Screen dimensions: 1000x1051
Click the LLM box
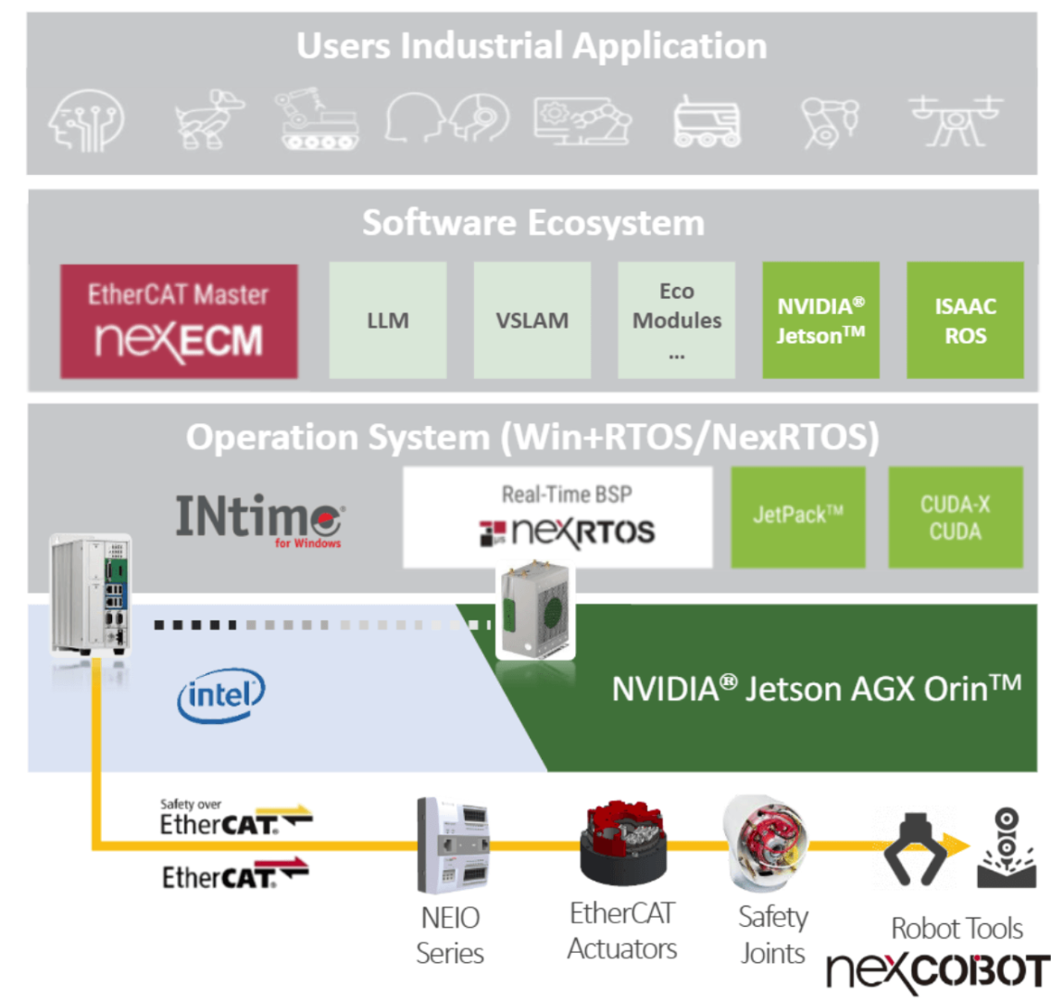point(388,320)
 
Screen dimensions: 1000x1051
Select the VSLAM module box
point(532,320)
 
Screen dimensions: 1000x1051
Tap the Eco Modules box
point(677,320)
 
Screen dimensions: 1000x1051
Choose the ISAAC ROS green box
point(965,320)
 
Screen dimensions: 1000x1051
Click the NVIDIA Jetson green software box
point(820,320)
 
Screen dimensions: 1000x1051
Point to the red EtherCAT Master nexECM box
point(179,321)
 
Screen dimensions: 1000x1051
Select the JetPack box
point(798,517)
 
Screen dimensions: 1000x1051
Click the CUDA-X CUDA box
point(956,517)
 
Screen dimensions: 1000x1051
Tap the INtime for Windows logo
point(260,519)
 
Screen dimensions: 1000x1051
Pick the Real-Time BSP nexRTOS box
point(557,517)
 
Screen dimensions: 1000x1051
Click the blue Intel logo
point(220,695)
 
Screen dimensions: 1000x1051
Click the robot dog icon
point(210,119)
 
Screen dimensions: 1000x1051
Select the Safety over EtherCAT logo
point(235,818)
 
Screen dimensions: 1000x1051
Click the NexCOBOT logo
point(937,970)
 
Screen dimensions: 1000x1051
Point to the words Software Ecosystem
point(532,223)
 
